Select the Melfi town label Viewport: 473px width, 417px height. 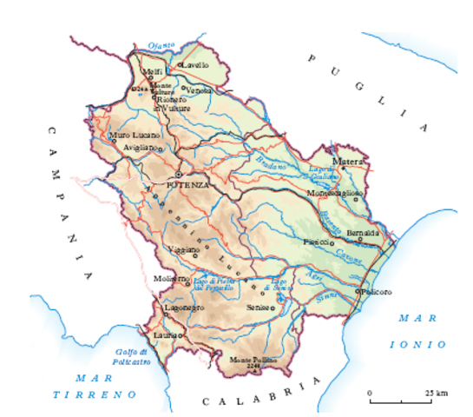click(x=152, y=71)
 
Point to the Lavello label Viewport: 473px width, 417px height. click(x=196, y=64)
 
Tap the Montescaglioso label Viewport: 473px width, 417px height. click(x=333, y=193)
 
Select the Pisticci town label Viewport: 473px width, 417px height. click(x=314, y=242)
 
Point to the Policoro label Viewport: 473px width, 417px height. click(x=378, y=291)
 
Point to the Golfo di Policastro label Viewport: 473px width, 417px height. click(x=132, y=355)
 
